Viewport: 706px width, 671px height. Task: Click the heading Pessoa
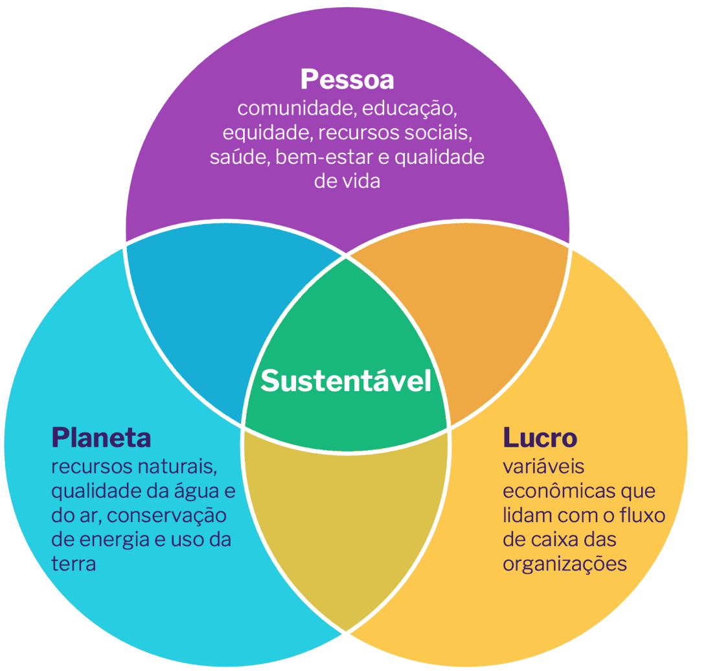click(x=347, y=80)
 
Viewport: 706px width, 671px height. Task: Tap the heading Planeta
click(x=101, y=438)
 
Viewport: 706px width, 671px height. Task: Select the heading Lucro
click(x=540, y=438)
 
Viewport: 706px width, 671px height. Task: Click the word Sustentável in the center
click(x=346, y=381)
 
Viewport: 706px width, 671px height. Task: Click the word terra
click(x=73, y=563)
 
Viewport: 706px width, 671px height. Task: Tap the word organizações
click(x=564, y=563)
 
